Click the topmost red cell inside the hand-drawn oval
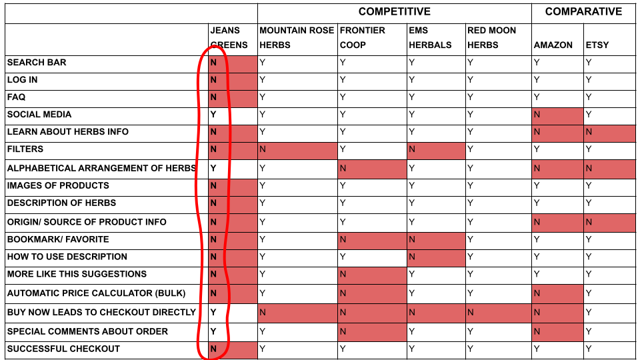pos(232,64)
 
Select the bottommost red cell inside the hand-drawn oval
pos(232,350)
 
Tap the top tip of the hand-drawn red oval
pos(213,45)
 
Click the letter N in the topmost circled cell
pos(213,63)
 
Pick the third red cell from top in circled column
pos(232,99)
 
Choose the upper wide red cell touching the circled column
pos(297,151)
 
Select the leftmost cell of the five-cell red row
pos(297,313)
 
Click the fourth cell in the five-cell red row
pos(498,313)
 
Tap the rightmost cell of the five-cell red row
pos(557,313)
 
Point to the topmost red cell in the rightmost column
pos(609,133)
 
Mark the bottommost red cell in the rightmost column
pos(609,223)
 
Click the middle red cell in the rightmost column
pos(609,169)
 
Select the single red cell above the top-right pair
pos(557,115)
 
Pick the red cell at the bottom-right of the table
pos(557,332)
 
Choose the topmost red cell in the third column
pos(372,169)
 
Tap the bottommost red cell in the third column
pos(372,332)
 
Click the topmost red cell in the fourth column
pos(436,151)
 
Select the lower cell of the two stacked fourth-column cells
pos(436,258)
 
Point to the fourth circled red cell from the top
pos(232,133)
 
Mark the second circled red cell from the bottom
pos(232,293)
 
